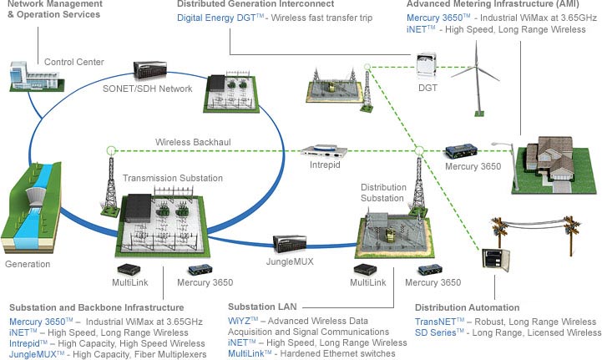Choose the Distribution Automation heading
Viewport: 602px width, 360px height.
[x=467, y=307]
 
